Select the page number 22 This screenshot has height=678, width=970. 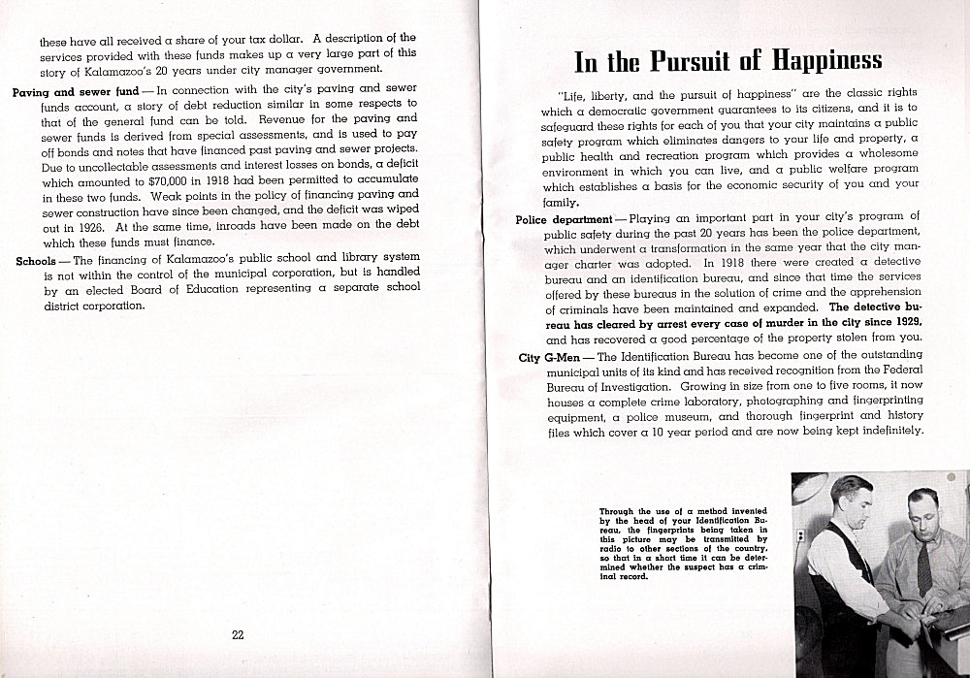(x=238, y=635)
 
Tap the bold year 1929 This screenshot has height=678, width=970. (x=901, y=322)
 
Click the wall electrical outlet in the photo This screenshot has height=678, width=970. (x=800, y=535)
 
